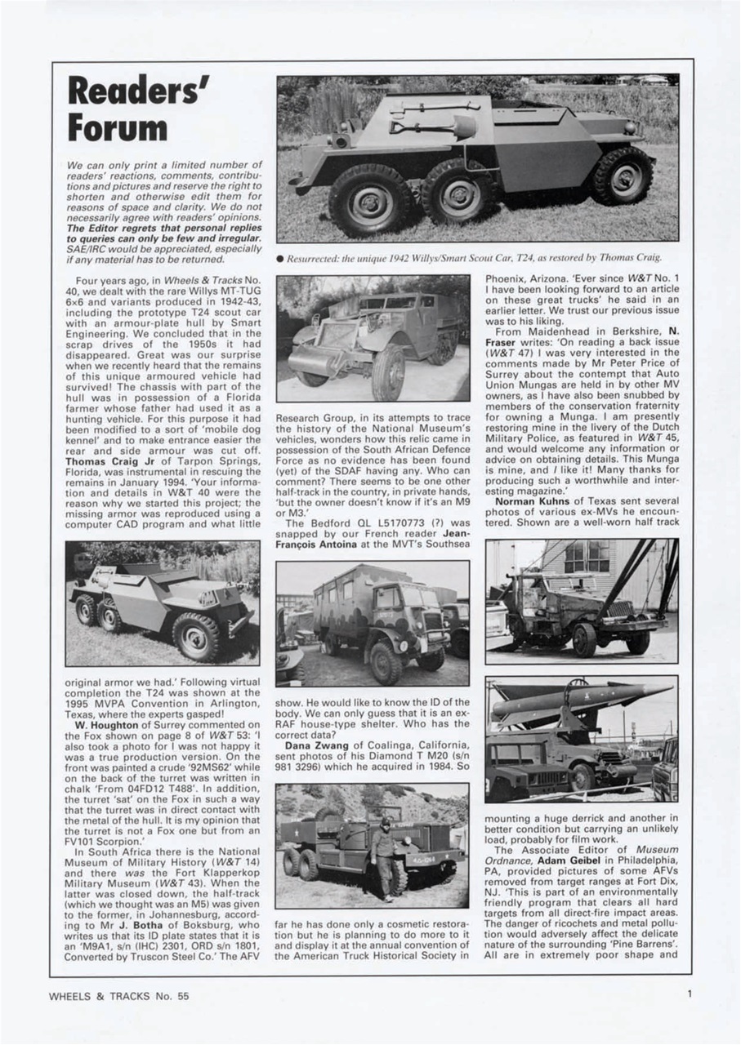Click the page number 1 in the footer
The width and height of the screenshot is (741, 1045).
point(690,994)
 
